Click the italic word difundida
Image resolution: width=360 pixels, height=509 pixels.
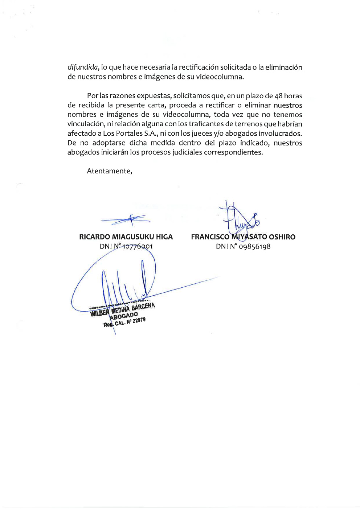click(x=83, y=67)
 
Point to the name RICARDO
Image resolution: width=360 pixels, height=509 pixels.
click(x=94, y=237)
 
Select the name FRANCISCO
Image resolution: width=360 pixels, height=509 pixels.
click(x=210, y=237)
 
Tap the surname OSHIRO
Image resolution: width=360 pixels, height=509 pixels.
click(x=282, y=237)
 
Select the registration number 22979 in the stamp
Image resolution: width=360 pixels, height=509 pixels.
click(x=139, y=321)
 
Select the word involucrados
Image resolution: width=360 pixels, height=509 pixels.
click(x=280, y=134)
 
